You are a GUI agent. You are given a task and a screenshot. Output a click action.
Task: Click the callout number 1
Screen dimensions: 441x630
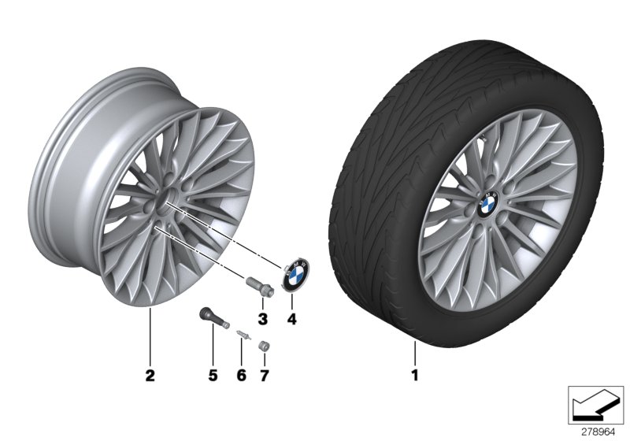tap(415, 376)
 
